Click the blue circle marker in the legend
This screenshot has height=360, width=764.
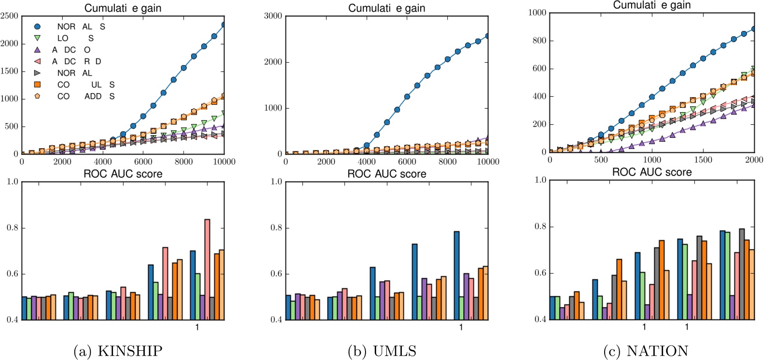(37, 27)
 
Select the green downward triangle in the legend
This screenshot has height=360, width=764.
(37, 38)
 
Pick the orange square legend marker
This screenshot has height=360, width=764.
(37, 85)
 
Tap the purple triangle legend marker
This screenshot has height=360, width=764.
(37, 50)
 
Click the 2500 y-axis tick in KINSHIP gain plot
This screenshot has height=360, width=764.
(9, 16)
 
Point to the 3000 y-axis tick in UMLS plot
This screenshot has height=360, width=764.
(273, 16)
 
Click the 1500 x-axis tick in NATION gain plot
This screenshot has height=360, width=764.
(703, 160)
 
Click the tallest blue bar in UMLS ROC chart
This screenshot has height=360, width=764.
(456, 275)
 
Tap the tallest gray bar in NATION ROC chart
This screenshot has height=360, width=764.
(741, 274)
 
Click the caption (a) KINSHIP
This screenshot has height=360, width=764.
(117, 351)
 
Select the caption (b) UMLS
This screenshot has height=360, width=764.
(382, 351)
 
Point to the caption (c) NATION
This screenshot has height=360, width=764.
(646, 351)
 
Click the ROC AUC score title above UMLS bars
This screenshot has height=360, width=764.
(386, 174)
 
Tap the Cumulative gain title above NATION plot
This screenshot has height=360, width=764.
(651, 5)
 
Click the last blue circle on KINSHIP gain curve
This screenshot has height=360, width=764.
(224, 25)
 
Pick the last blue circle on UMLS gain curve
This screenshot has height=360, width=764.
(488, 36)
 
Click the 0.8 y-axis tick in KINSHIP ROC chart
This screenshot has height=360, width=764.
(12, 228)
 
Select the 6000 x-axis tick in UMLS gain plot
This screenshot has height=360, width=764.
(407, 162)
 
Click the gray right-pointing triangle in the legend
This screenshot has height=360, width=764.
(37, 73)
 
